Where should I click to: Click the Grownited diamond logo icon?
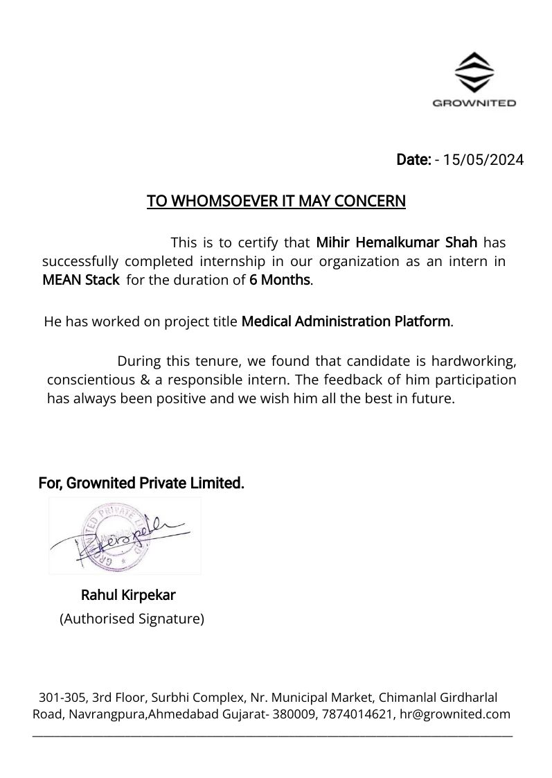pyautogui.click(x=474, y=73)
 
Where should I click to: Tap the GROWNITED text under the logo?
pyautogui.click(x=474, y=103)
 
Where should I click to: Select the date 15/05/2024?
pyautogui.click(x=483, y=160)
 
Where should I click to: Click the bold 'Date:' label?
pyautogui.click(x=413, y=160)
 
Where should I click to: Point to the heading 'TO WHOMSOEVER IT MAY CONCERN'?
pyautogui.click(x=276, y=202)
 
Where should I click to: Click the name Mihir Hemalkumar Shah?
pyautogui.click(x=396, y=242)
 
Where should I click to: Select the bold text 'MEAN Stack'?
pyautogui.click(x=80, y=281)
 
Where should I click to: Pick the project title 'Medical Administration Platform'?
pyautogui.click(x=346, y=321)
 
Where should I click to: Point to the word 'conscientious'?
pyautogui.click(x=90, y=380)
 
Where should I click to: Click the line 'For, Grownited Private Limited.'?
pyautogui.click(x=141, y=483)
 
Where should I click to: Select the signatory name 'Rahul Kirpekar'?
pyautogui.click(x=128, y=595)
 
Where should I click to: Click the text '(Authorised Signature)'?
pyautogui.click(x=132, y=619)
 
